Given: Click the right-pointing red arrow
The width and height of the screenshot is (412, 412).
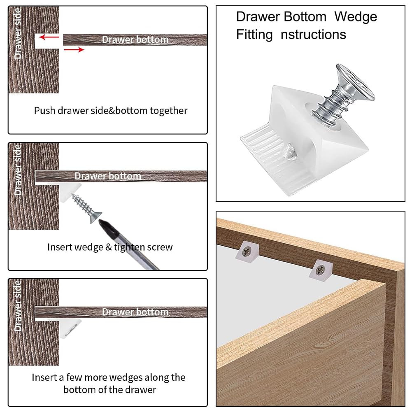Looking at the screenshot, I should click(x=74, y=50).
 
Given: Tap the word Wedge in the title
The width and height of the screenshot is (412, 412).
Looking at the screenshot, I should click(x=356, y=17).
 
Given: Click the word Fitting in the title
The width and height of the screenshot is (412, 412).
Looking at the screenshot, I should click(x=254, y=35).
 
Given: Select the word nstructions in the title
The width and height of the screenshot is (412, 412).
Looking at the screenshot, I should click(x=313, y=35).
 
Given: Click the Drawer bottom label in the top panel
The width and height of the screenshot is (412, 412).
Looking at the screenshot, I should click(x=135, y=40).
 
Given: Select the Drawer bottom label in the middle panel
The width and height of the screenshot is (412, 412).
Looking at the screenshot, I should click(x=108, y=176).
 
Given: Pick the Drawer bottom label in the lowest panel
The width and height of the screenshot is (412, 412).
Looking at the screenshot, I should click(x=135, y=312).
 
